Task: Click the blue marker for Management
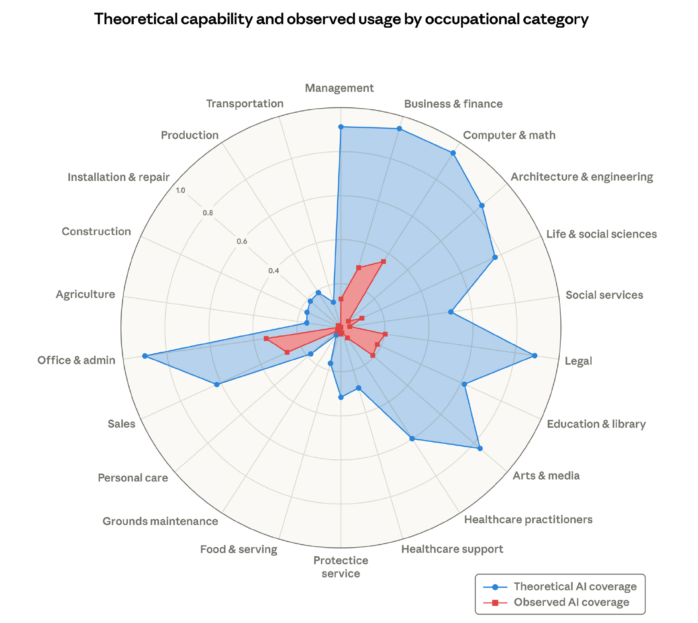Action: tap(341, 127)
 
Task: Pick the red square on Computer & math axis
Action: tap(384, 262)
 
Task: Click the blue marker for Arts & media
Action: tap(480, 448)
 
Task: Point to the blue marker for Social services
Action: tap(451, 311)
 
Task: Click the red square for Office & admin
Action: tap(266, 338)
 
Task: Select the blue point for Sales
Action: tap(217, 384)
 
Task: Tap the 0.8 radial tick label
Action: tap(208, 213)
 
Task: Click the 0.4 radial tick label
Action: tap(273, 271)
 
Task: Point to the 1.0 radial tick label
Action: tap(180, 191)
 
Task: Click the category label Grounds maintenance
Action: tap(160, 521)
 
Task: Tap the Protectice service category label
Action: tap(341, 567)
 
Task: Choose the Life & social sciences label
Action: tap(601, 234)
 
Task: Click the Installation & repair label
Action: tap(118, 177)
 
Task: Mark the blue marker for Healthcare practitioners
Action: tap(412, 438)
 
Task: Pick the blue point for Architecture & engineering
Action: tap(482, 206)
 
